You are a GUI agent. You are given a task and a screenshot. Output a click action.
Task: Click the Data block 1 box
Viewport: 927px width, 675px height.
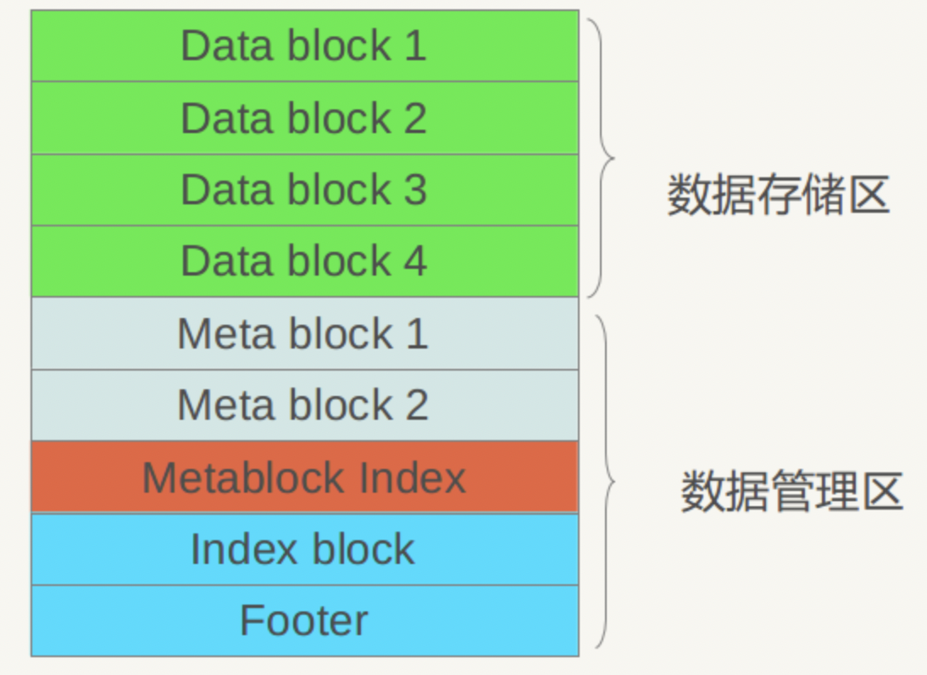pos(304,46)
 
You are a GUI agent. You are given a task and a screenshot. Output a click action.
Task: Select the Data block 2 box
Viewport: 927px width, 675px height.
pos(304,118)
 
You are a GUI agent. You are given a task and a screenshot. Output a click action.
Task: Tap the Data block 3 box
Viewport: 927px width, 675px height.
pos(304,190)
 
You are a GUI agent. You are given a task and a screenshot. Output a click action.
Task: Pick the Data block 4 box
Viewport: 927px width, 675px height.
pos(304,261)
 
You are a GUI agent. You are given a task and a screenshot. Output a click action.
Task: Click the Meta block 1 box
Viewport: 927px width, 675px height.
pos(304,333)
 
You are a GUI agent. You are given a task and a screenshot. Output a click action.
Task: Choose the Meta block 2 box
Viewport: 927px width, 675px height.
pos(304,405)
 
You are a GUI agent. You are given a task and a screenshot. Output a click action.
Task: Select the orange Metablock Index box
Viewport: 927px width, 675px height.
pos(304,477)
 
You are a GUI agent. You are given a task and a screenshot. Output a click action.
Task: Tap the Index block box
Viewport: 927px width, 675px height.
pos(304,549)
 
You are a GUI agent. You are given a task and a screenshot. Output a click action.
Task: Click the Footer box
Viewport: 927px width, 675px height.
pos(304,621)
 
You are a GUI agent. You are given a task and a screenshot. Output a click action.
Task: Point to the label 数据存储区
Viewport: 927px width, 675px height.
pos(778,196)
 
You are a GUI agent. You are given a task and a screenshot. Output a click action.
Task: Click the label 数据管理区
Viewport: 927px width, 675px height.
pos(791,493)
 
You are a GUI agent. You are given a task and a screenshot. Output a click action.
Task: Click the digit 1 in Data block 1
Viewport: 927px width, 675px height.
pos(414,46)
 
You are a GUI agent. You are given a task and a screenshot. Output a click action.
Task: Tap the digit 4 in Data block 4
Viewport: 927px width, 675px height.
pos(414,261)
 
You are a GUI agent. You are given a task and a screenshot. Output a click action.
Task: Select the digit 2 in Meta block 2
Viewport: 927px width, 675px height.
pos(416,405)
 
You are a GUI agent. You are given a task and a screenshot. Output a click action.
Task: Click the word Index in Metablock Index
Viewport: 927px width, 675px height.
pos(413,477)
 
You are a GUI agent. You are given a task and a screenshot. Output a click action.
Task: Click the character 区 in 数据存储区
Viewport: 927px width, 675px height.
pos(869,196)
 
